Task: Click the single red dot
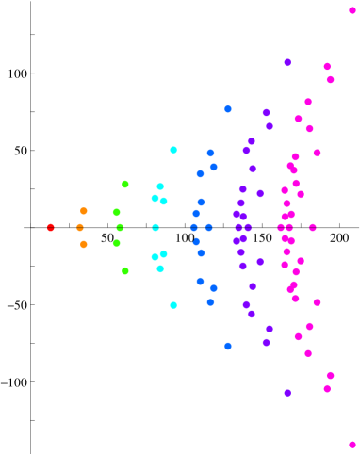(x=51, y=227)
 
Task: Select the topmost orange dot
(x=84, y=211)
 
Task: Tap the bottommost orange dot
(x=84, y=244)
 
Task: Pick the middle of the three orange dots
(x=80, y=227)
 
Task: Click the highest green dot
(x=125, y=184)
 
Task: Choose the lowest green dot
(x=125, y=270)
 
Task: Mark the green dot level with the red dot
(x=120, y=227)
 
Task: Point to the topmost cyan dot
(x=173, y=150)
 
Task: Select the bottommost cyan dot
(x=173, y=304)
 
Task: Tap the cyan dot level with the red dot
(x=155, y=227)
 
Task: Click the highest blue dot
(x=228, y=109)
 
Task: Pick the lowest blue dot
(x=228, y=346)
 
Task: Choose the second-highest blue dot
(x=210, y=153)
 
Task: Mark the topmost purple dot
(x=287, y=62)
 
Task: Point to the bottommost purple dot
(x=287, y=392)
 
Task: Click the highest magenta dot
(x=352, y=10)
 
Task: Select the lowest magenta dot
(x=352, y=444)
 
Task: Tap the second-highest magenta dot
(x=327, y=66)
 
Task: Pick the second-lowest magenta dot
(x=327, y=388)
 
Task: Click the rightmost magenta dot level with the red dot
(x=313, y=227)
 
